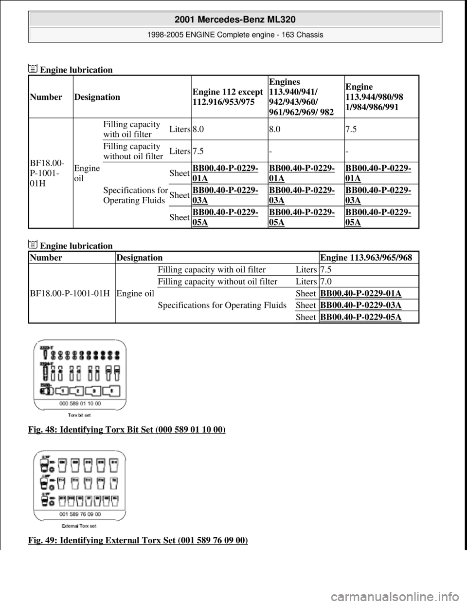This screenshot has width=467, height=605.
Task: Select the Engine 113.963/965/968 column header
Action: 366,257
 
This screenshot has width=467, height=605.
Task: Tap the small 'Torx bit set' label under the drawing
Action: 80,415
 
